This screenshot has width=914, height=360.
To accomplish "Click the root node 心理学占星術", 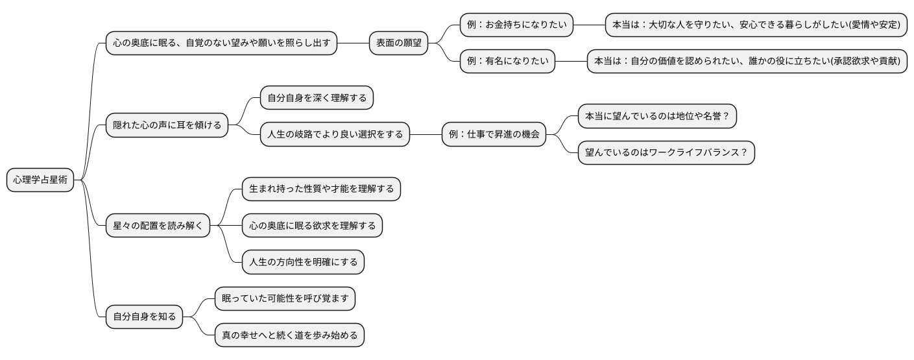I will pos(40,180).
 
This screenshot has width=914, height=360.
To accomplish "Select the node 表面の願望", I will pos(398,43).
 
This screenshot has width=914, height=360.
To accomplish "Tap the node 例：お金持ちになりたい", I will pos(516,25).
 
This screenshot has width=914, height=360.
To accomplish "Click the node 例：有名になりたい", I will pos(507,62).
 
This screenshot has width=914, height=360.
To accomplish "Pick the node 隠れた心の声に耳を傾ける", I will pos(167,125).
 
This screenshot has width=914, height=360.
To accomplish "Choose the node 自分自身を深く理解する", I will pos(317,98).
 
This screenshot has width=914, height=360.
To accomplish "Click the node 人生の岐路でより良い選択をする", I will pos(335,135).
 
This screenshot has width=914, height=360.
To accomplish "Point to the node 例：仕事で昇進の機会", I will pos(494,135).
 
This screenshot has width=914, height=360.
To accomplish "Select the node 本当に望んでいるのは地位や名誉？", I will pos(657,117).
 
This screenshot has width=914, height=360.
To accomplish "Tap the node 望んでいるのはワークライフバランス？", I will pos(666,153).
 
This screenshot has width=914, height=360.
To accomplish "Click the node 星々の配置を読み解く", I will pos(158,226).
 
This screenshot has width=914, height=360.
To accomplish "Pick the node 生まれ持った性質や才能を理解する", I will pos(321,189).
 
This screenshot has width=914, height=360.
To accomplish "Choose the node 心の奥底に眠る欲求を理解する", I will pos(312,226).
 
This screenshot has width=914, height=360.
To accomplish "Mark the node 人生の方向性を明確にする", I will pos(303,263).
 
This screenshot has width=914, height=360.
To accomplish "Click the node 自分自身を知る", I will pos(144,317).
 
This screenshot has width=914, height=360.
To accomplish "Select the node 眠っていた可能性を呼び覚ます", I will pos(285,299).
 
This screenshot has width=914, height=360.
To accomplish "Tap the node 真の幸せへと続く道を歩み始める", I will pos(289,335).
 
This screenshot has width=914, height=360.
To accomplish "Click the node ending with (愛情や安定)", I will pos(756,25).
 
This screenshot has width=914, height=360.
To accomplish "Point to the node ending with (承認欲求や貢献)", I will pos(747,62).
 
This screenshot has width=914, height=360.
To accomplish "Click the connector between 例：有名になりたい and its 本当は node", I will pos(571,62).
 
